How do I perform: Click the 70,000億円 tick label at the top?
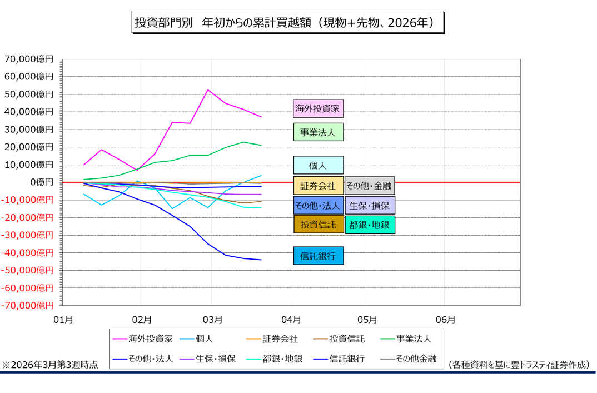click(29, 59)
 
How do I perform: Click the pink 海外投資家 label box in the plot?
click(318, 108)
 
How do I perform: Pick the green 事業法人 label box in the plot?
click(318, 132)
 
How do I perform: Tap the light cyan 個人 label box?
click(318, 165)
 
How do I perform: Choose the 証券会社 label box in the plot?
click(318, 186)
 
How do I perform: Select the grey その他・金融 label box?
click(370, 186)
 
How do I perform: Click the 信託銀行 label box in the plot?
click(318, 256)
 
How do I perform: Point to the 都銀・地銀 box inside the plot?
click(370, 225)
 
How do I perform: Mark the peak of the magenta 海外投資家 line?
click(207, 90)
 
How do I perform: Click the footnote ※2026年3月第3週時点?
click(51, 365)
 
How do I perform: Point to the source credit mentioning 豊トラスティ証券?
click(519, 365)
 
